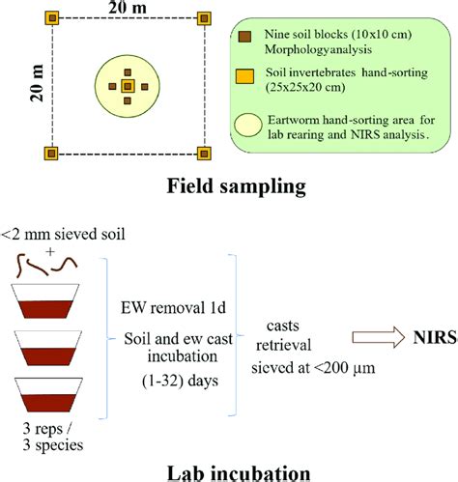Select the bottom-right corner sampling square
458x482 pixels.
(203, 153)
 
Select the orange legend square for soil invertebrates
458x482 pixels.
(245, 77)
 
